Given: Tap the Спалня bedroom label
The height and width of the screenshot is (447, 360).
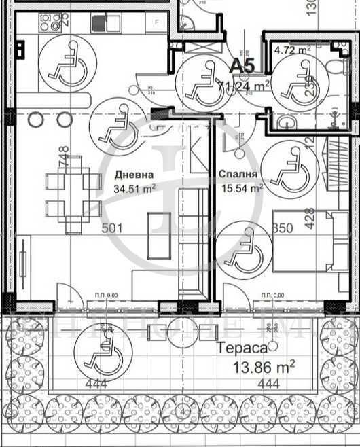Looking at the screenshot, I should (238, 175).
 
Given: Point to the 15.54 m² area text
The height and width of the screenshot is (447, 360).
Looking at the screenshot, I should (242, 190).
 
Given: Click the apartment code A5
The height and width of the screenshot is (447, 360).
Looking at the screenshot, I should (242, 66).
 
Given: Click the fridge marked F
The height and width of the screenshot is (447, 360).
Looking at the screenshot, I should (157, 22).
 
